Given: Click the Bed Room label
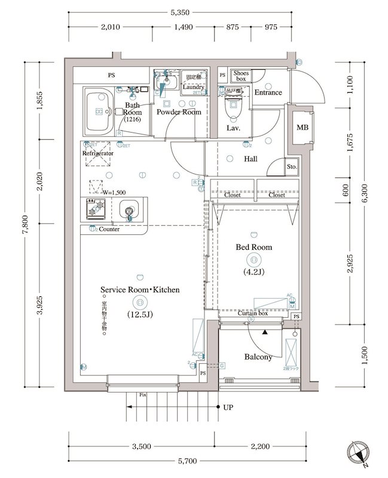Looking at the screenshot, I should coord(253,247).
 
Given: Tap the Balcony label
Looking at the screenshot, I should coord(258,357).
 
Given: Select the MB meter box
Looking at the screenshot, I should coord(303,128).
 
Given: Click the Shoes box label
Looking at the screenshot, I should coord(241,75).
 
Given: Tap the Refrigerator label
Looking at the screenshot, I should coord(97,154).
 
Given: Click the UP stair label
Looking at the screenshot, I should coord(228,408).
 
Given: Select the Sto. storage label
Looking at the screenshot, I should coord(292,167).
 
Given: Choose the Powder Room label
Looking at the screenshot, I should coord(179,112).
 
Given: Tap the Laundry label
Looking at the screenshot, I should coord(194,87).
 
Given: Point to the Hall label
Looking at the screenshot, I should coord(250,159).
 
